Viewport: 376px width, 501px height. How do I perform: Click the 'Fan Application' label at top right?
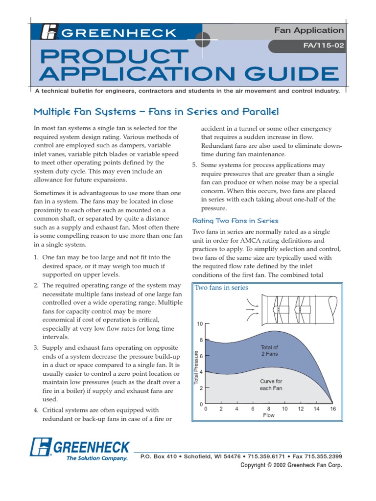pyautogui.click(x=309, y=30)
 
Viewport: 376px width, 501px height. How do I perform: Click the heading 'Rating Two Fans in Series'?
pyautogui.click(x=235, y=221)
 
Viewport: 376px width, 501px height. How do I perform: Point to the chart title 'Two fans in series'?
pyautogui.click(x=221, y=288)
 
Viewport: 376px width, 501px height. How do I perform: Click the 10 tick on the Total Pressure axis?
pyautogui.click(x=200, y=324)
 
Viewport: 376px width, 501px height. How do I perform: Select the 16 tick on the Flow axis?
pyautogui.click(x=333, y=409)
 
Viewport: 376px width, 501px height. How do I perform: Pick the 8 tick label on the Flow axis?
pyautogui.click(x=269, y=409)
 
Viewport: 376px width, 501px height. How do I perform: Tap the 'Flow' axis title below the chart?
pyautogui.click(x=269, y=415)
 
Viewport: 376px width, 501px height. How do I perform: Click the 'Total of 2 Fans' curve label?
pyautogui.click(x=269, y=350)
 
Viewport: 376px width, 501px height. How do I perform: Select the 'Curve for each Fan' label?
pyautogui.click(x=271, y=385)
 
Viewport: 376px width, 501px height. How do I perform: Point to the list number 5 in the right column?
pyautogui.click(x=194, y=165)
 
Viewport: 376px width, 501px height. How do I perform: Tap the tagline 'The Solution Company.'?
pyautogui.click(x=97, y=458)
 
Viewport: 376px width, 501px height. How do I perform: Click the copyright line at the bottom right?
pyautogui.click(x=291, y=465)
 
